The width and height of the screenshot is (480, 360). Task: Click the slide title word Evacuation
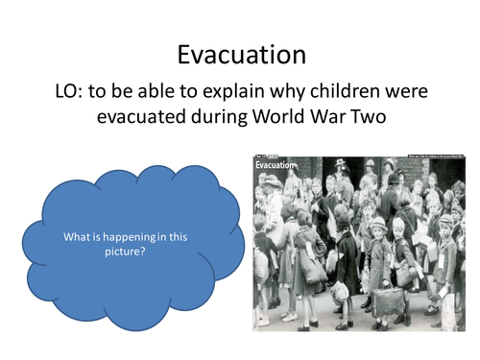239,55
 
